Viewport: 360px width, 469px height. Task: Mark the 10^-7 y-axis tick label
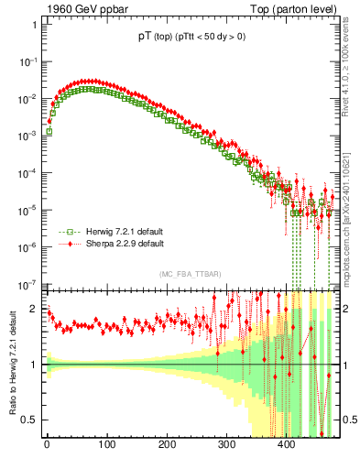(27, 284)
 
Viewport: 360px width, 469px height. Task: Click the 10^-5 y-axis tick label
(27, 210)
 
